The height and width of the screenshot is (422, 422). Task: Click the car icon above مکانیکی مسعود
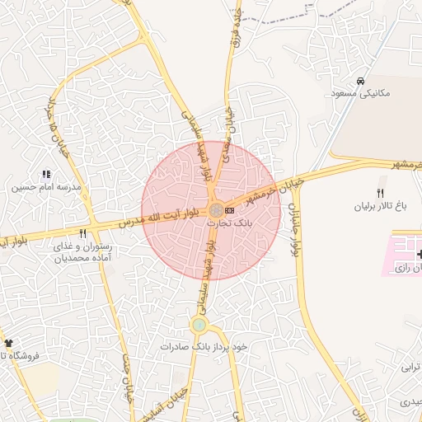click(x=360, y=82)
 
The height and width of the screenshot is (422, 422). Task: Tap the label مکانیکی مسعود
click(x=362, y=93)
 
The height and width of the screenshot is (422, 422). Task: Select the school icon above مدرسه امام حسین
click(x=45, y=175)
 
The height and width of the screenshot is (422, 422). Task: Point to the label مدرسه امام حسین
click(x=46, y=187)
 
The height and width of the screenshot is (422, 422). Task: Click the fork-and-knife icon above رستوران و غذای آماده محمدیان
click(x=82, y=234)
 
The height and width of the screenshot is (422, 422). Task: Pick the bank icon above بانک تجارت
click(x=229, y=211)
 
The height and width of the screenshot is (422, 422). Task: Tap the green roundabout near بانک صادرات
click(x=199, y=325)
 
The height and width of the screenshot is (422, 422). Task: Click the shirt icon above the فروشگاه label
click(x=8, y=343)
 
